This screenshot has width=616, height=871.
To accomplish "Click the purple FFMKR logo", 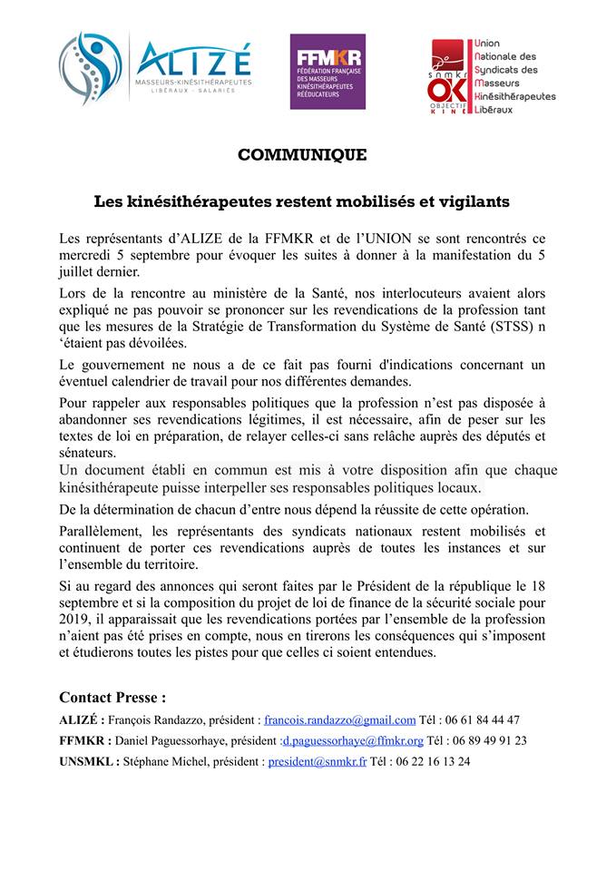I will [328, 72].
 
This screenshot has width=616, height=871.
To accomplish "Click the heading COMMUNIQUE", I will [302, 155].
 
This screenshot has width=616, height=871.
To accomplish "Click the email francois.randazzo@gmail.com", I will [339, 719].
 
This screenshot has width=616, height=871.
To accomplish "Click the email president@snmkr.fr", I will [317, 761].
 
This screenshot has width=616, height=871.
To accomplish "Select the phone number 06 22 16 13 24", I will [436, 761].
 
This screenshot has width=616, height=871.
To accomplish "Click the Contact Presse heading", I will [112, 698].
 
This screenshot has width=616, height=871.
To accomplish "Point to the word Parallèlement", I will [103, 530].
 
